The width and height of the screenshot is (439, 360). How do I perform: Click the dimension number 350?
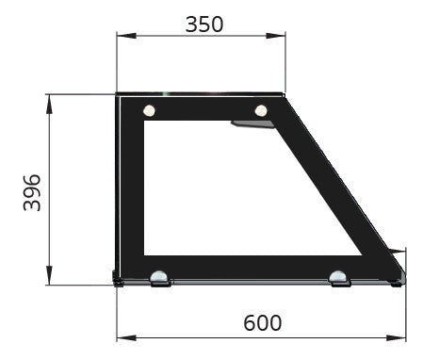(x=203, y=25)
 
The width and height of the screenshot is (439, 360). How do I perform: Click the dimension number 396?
(x=31, y=191)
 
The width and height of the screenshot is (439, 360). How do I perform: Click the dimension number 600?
(x=262, y=323)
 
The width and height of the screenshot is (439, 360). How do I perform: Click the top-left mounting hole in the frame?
(x=149, y=111)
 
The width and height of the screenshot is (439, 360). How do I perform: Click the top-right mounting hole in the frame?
(x=261, y=111)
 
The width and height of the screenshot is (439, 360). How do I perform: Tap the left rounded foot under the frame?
(x=160, y=278)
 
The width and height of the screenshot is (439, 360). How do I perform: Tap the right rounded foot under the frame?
(x=338, y=278)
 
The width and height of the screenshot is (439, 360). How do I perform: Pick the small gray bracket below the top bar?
(x=243, y=123)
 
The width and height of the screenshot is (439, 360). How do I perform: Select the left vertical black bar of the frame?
(x=130, y=188)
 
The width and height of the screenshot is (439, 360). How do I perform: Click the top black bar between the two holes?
(x=204, y=107)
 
